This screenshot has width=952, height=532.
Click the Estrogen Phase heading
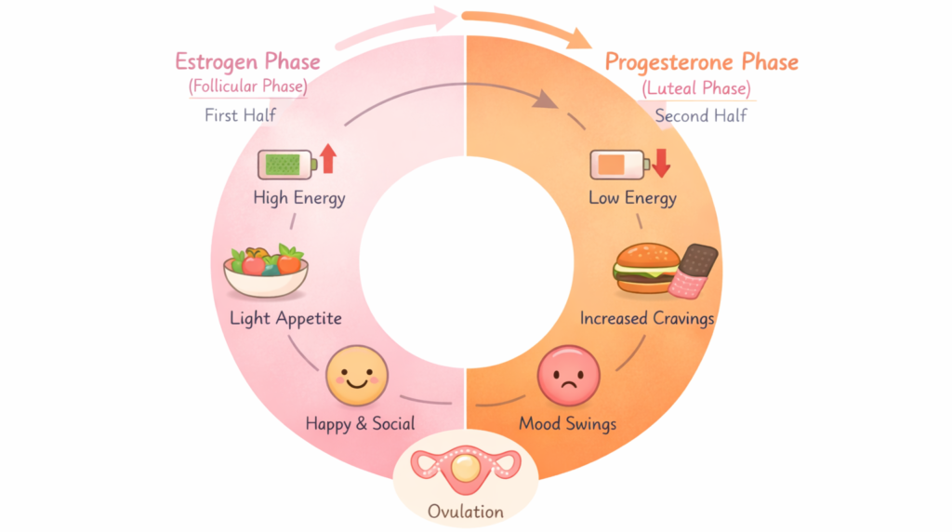247,62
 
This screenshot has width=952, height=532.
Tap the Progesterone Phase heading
701,62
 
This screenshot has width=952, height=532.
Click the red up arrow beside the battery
327,159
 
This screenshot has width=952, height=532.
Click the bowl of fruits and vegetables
266,271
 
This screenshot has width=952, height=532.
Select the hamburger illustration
645,269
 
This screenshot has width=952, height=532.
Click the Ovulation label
465,511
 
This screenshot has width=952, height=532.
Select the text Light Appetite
285,319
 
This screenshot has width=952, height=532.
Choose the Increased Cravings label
647,319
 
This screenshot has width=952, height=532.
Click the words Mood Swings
567,424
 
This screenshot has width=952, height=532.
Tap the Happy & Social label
360,424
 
